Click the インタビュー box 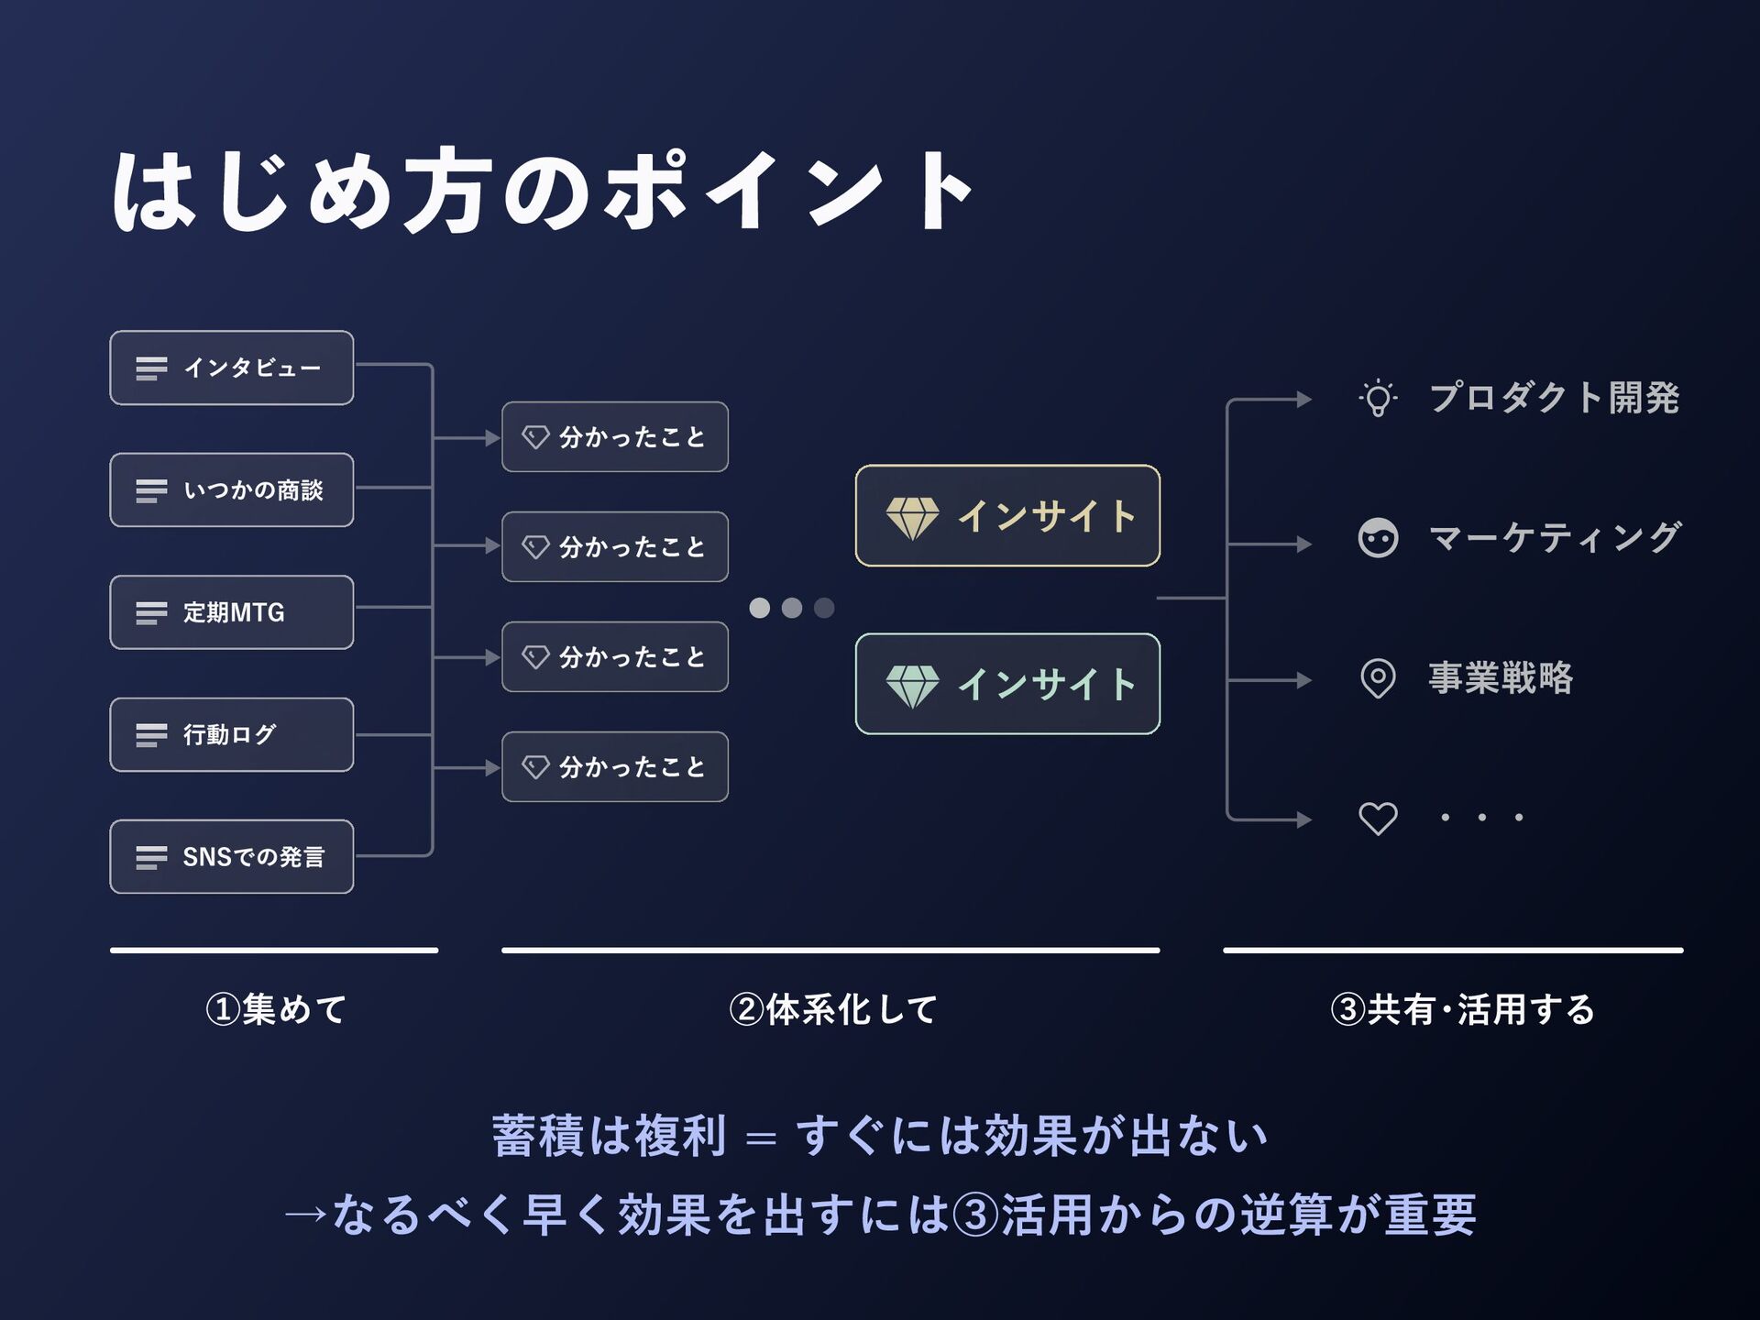click(x=231, y=368)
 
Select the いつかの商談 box click(x=231, y=489)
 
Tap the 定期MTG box click(x=231, y=612)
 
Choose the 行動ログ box click(x=231, y=734)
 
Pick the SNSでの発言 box click(x=231, y=856)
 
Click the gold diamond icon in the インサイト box click(x=912, y=518)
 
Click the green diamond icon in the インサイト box click(x=912, y=686)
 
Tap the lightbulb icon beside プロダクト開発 click(x=1378, y=399)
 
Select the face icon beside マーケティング click(x=1378, y=538)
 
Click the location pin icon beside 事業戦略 click(x=1378, y=679)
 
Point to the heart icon click(x=1378, y=818)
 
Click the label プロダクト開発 click(x=1554, y=398)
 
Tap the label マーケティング click(x=1555, y=538)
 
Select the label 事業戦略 click(x=1501, y=678)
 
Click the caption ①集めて click(x=276, y=1009)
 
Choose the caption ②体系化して click(x=832, y=1009)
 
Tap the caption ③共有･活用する click(x=1462, y=1009)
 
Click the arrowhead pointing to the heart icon click(x=1304, y=819)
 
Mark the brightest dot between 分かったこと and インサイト click(x=760, y=608)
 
